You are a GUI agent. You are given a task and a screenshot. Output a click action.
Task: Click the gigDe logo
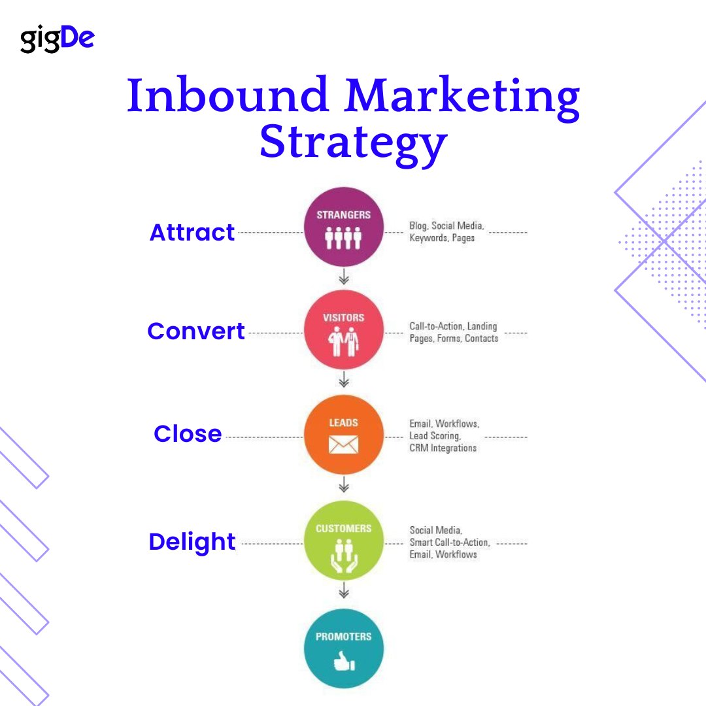(57, 40)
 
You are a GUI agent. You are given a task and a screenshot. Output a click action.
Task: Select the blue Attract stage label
(192, 233)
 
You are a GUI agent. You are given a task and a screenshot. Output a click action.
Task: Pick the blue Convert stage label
(196, 331)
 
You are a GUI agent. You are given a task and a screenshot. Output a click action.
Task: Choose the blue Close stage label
(188, 434)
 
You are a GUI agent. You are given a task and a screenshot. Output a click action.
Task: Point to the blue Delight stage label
(192, 542)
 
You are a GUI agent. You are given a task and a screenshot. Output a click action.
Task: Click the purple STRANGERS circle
(344, 227)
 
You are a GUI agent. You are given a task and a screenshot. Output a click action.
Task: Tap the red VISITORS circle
(344, 329)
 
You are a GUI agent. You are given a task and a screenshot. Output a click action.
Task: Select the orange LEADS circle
(344, 434)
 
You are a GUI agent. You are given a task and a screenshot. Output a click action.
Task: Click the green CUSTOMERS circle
(344, 540)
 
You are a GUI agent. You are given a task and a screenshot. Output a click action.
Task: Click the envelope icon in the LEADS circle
(344, 445)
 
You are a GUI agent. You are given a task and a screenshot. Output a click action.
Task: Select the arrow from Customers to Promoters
(344, 593)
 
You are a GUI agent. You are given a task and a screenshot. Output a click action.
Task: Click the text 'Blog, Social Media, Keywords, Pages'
(446, 232)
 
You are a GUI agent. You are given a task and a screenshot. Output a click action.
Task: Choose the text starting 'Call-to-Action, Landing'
(454, 332)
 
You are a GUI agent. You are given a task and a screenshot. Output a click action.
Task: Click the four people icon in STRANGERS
(344, 238)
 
